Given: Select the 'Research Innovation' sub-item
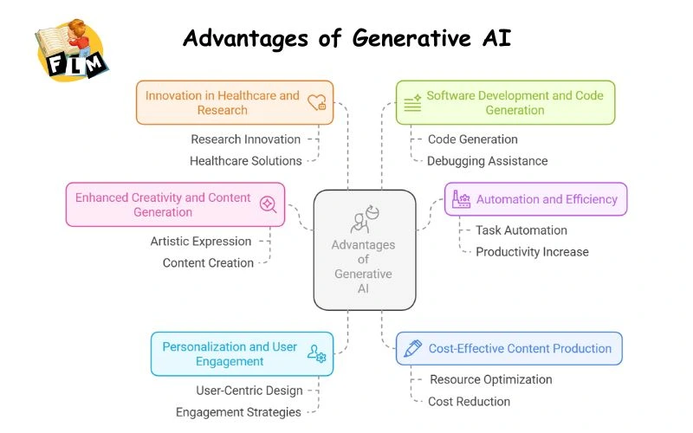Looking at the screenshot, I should click(x=246, y=139).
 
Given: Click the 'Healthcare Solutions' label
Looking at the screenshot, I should click(x=246, y=160).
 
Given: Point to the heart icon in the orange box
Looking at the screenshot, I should click(x=317, y=102).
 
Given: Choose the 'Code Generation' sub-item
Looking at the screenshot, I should click(x=472, y=139).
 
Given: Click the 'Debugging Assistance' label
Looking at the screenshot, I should click(x=487, y=160).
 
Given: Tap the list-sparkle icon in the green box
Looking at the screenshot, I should click(x=412, y=102).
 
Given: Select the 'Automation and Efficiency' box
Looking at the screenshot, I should click(x=535, y=199).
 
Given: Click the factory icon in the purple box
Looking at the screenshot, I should click(x=461, y=199).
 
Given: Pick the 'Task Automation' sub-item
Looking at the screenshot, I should click(x=521, y=230).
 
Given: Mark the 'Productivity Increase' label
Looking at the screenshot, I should click(x=532, y=252).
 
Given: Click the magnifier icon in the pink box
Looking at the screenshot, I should click(x=269, y=204).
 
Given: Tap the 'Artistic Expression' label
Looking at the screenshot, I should click(x=201, y=242).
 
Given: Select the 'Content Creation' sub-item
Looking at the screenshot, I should click(x=208, y=263).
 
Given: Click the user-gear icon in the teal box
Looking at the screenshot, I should click(x=316, y=353).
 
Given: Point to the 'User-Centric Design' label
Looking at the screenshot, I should click(x=249, y=391).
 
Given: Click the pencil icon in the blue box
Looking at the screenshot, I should click(x=412, y=348).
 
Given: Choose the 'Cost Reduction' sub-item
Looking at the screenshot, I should click(x=469, y=401).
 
